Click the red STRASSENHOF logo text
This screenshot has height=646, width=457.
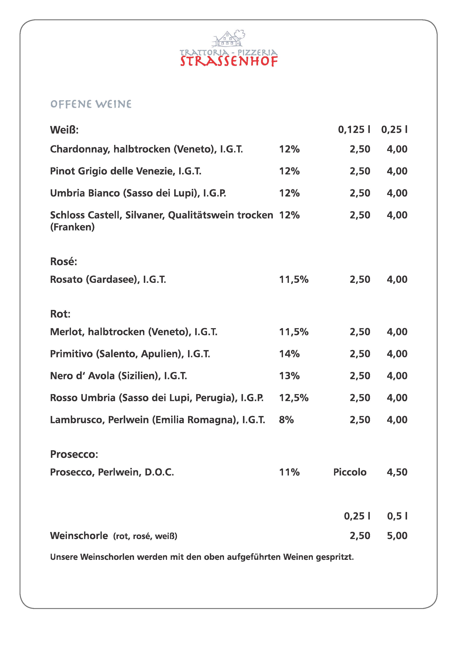point(229,61)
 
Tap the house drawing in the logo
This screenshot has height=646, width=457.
point(227,39)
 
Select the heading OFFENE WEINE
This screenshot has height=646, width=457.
point(91,104)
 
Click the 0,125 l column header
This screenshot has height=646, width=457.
point(354,130)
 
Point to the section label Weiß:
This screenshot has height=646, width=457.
point(64,130)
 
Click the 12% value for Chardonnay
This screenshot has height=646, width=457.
point(289,149)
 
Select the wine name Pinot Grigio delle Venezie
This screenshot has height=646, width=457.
point(126,171)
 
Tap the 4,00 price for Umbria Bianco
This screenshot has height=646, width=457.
point(397,193)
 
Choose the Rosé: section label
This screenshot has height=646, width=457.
point(64,262)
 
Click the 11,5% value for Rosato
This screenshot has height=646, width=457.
point(294,279)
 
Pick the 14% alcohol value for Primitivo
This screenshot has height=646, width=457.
point(289,354)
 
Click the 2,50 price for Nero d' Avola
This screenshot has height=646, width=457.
point(360,376)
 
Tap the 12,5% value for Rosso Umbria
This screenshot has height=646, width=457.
point(294,398)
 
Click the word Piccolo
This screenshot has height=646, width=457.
point(350,472)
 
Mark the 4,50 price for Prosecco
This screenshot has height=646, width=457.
point(397,472)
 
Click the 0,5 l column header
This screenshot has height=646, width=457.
point(397,516)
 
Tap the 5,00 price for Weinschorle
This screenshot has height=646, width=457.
point(397,536)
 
